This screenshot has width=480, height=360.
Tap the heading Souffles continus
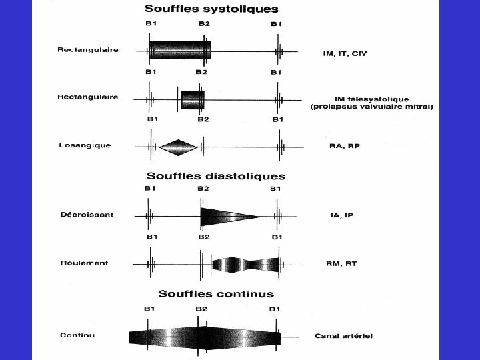point(215,293)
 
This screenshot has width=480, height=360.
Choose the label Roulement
point(84,263)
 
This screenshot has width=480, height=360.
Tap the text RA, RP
point(344,146)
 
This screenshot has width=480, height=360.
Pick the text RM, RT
point(341,263)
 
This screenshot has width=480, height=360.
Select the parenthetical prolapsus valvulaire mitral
point(371,107)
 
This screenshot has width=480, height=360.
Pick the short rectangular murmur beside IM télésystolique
point(192,99)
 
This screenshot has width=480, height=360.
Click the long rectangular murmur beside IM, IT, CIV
point(180,51)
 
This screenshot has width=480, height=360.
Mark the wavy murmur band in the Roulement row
point(245,265)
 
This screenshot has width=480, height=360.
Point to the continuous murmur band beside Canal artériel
point(204,334)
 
